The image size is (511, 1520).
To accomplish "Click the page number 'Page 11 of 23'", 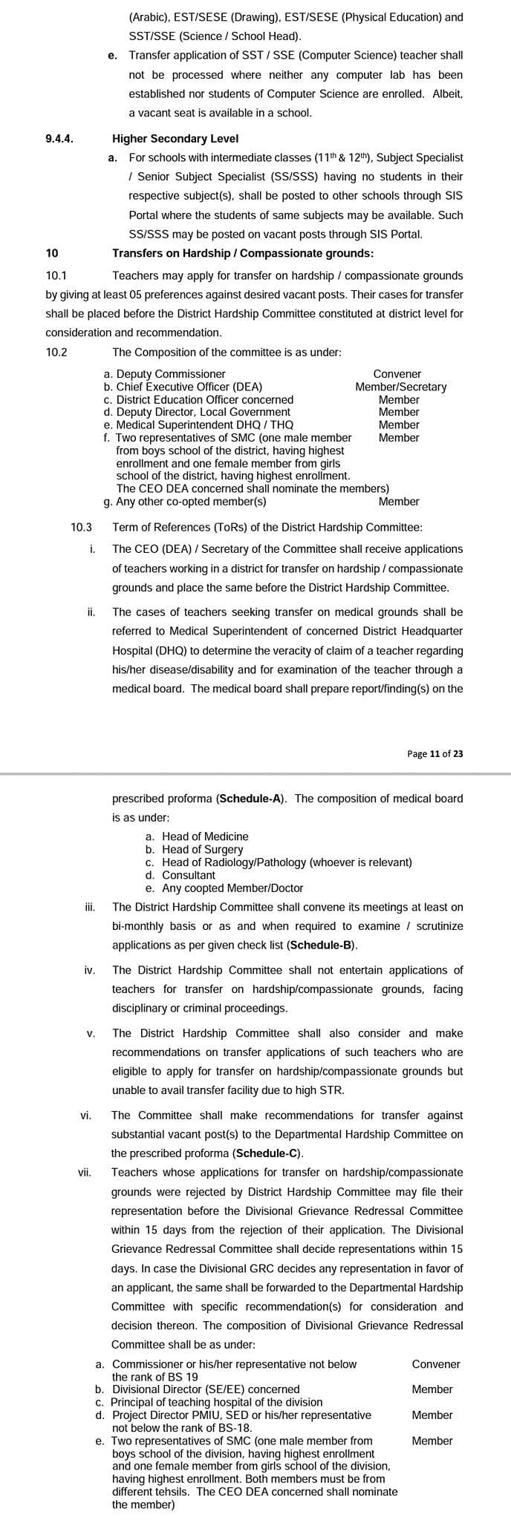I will (435, 753).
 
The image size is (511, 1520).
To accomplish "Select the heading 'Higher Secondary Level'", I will (175, 138).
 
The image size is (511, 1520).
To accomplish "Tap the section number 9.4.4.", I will (59, 138).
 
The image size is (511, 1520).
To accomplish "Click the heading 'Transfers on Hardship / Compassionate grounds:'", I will (243, 253).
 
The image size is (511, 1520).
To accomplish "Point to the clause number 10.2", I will (56, 353).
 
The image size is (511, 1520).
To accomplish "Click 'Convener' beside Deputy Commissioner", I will (397, 374).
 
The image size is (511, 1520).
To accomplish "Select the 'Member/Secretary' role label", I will (401, 387).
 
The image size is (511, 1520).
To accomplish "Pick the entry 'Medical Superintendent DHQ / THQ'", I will (204, 425).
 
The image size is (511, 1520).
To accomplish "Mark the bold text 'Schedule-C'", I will (267, 1153).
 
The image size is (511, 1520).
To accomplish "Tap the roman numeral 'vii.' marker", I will (84, 1173).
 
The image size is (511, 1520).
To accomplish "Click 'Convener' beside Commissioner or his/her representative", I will (436, 1364).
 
